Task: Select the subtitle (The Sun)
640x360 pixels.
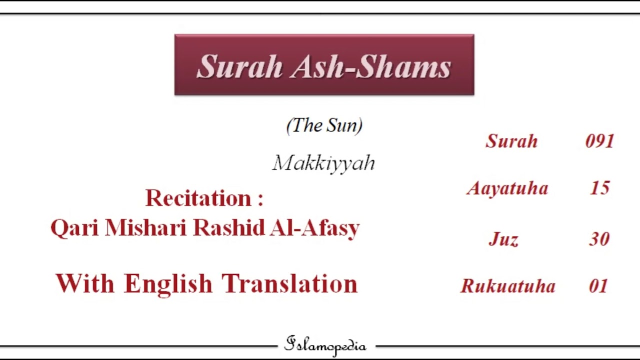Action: click(x=324, y=125)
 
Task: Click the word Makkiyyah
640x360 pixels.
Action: click(x=324, y=163)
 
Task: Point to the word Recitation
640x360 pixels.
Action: click(x=199, y=198)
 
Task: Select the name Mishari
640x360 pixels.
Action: click(x=146, y=228)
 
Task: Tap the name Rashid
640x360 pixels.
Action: click(x=228, y=228)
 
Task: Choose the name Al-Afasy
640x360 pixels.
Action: click(x=314, y=228)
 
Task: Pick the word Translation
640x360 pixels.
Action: click(x=290, y=283)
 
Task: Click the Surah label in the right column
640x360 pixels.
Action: click(x=511, y=141)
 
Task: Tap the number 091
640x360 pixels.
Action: click(x=599, y=141)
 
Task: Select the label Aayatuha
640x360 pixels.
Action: click(x=507, y=188)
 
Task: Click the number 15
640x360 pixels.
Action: click(x=599, y=188)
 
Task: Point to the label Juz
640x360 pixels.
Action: click(x=503, y=239)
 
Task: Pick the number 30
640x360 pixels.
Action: click(x=599, y=239)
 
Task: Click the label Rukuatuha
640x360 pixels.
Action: click(x=507, y=286)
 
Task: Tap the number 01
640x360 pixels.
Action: click(x=598, y=286)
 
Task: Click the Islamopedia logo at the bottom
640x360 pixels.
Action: click(x=325, y=345)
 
